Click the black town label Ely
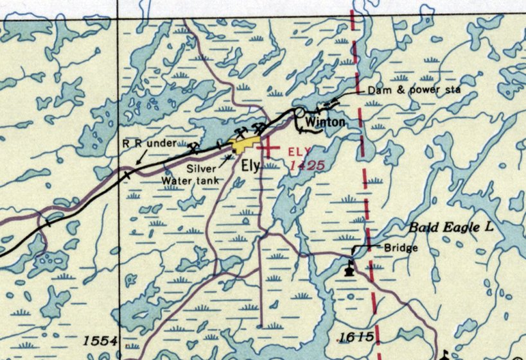click(x=250, y=166)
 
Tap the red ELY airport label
click(x=300, y=152)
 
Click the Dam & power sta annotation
click(x=414, y=90)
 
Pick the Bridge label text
click(x=401, y=248)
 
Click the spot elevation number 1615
click(x=356, y=337)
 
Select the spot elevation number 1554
click(x=100, y=340)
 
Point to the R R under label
click(x=149, y=143)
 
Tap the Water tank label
click(x=190, y=180)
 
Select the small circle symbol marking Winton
click(x=299, y=113)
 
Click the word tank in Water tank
click(x=207, y=180)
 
